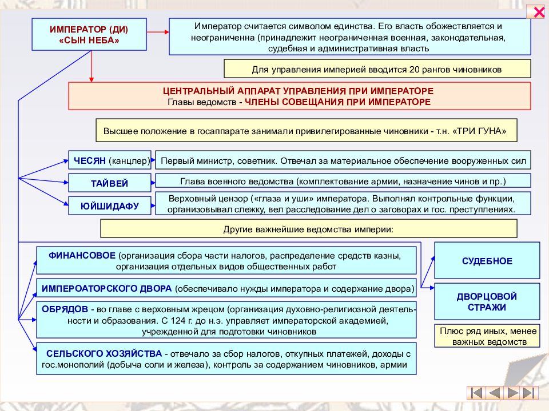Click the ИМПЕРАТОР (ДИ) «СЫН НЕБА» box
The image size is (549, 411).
[x=89, y=34]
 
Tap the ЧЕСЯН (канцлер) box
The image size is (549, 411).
[x=110, y=160]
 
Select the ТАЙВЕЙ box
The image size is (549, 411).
[x=110, y=183]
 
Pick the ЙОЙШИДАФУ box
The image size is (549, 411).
[x=110, y=205]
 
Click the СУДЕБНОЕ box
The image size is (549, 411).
[x=487, y=260]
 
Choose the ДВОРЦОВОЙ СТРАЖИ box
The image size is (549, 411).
[x=487, y=301]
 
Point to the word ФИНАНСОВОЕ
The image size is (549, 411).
[x=82, y=256]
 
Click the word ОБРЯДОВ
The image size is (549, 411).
[x=65, y=309]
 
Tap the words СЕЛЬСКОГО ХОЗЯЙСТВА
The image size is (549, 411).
[x=104, y=353]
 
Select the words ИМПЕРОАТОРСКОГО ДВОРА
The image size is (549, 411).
[x=106, y=289]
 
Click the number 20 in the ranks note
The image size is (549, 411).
[x=414, y=69]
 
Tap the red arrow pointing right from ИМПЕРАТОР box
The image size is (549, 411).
[x=158, y=32]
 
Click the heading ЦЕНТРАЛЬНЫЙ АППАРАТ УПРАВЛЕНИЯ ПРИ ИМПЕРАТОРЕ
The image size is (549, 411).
[x=298, y=91]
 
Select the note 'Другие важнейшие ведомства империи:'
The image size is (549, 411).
[x=308, y=229]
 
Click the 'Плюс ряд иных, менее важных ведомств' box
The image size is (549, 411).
[x=488, y=336]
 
